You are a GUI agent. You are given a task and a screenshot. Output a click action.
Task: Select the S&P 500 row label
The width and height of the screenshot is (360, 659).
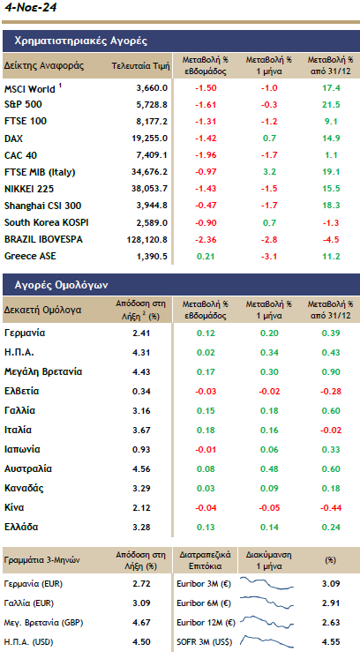click(x=24, y=105)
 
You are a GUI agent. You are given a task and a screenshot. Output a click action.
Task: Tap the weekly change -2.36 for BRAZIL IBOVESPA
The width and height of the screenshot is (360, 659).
click(x=205, y=239)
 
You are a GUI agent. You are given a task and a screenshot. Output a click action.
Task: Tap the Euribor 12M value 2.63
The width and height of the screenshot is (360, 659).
click(x=331, y=622)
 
